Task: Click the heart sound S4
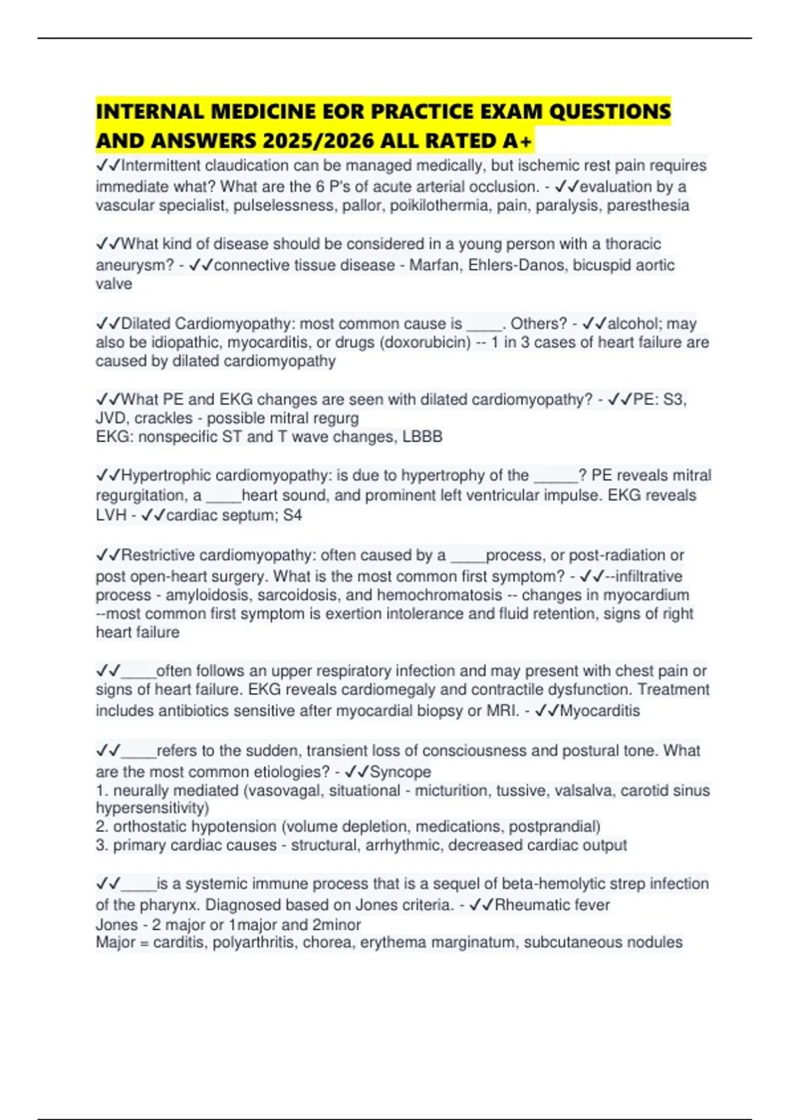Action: [x=292, y=515]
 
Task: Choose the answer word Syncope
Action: [x=400, y=771]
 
